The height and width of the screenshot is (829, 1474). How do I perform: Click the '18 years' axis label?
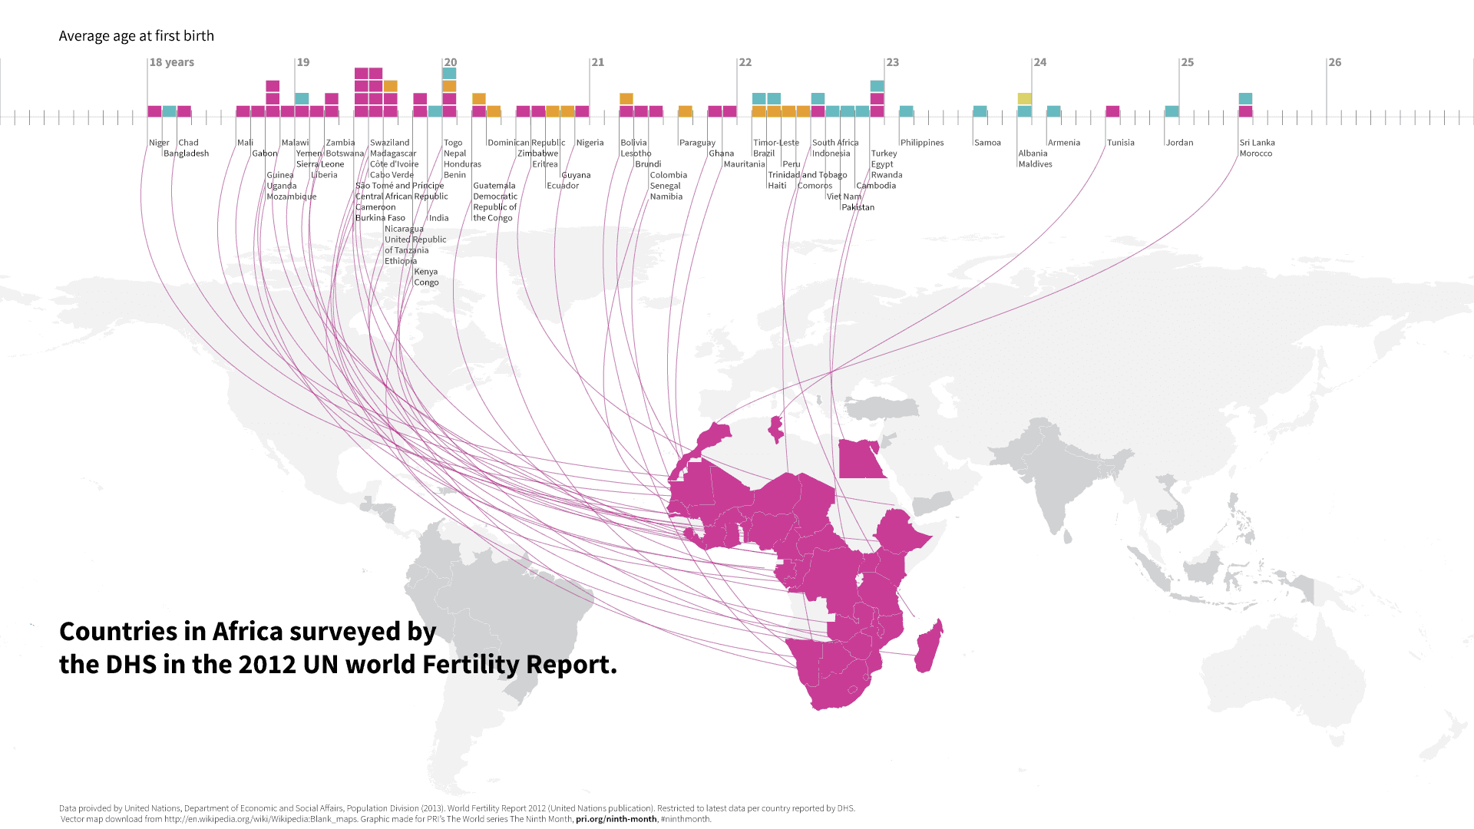171,62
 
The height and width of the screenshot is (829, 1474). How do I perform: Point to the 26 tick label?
1335,62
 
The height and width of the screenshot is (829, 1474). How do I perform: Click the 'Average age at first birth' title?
136,36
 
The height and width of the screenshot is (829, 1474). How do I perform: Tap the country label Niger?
159,143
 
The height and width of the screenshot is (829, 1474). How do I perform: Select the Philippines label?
921,143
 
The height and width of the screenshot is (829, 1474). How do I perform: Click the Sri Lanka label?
1257,143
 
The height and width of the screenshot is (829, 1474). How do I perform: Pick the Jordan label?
1179,143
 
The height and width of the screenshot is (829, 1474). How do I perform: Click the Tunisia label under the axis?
1120,143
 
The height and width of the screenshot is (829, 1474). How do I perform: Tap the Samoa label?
987,143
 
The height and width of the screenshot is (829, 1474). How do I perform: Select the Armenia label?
1063,143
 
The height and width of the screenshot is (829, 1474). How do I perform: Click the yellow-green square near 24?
1024,98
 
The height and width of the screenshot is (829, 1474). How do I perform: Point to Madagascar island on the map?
929,646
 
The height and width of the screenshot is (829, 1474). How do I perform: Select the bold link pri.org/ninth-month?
616,819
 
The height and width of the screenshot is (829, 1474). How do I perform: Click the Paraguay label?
697,143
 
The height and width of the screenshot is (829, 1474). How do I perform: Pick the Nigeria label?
590,143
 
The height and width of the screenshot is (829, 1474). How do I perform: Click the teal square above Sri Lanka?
1245,98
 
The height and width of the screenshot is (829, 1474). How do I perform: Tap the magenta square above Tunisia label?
1112,111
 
